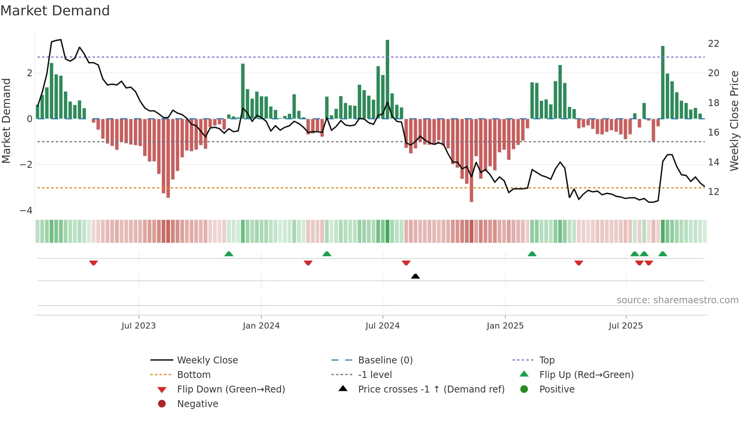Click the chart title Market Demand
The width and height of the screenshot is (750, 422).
click(55, 11)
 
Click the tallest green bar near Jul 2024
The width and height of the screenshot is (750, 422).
click(387, 79)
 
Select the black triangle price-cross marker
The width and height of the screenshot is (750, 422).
click(415, 276)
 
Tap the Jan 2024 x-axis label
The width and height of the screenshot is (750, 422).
click(261, 326)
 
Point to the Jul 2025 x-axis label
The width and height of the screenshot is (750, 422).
click(626, 326)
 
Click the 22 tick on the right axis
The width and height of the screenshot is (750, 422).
click(713, 44)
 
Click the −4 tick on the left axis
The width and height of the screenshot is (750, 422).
click(26, 211)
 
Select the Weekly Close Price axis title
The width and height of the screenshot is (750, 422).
click(734, 121)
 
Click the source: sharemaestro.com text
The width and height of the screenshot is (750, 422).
click(677, 300)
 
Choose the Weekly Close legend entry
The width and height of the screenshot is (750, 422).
click(207, 360)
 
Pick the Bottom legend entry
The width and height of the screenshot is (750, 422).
click(194, 375)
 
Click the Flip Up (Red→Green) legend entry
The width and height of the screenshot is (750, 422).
click(586, 375)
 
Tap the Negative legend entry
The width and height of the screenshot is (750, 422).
click(197, 404)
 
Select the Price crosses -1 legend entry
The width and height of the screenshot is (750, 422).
click(431, 389)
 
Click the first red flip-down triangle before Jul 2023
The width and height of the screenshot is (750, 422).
click(93, 263)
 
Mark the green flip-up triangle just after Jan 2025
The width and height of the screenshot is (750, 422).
click(532, 254)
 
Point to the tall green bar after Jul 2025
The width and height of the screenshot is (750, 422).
click(663, 82)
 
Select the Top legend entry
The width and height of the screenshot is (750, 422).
click(546, 360)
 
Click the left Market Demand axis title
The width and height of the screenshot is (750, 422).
click(7, 121)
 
